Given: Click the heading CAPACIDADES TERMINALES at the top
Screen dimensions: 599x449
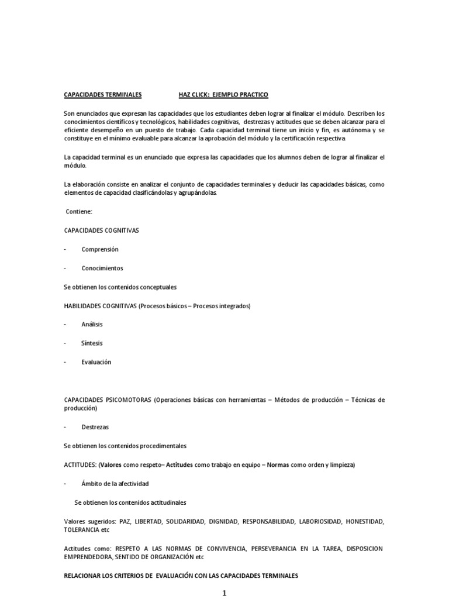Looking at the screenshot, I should (102, 94).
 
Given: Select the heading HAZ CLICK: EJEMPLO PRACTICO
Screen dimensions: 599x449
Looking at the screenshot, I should (223, 94).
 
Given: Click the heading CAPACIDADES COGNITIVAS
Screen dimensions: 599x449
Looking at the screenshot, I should (101, 230).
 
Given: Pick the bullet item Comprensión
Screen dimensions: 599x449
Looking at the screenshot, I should (100, 249).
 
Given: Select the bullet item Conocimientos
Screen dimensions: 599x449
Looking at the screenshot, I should (102, 268).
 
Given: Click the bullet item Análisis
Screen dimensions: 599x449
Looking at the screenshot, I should (92, 324).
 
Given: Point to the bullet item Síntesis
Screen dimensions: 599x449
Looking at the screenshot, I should (92, 343).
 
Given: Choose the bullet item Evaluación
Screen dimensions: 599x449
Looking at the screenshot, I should (96, 362).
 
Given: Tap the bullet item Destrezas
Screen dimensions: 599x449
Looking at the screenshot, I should (95, 427).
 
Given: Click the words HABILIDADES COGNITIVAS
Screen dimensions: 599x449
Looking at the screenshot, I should (100, 305).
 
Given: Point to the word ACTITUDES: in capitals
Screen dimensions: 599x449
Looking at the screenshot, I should (80, 464).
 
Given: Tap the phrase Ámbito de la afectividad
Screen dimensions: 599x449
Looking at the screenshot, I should (115, 484).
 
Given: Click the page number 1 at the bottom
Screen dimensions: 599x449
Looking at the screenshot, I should (224, 593).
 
